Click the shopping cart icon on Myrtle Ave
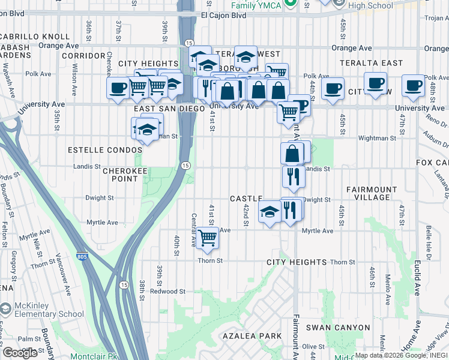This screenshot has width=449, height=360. [x=207, y=238]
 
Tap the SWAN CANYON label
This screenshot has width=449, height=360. [x=338, y=328]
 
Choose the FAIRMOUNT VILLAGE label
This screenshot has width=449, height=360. [x=372, y=193]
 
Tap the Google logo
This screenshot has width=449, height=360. [x=20, y=353]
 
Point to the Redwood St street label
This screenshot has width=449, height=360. [x=167, y=292]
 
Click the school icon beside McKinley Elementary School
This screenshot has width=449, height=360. [x=5, y=309]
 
